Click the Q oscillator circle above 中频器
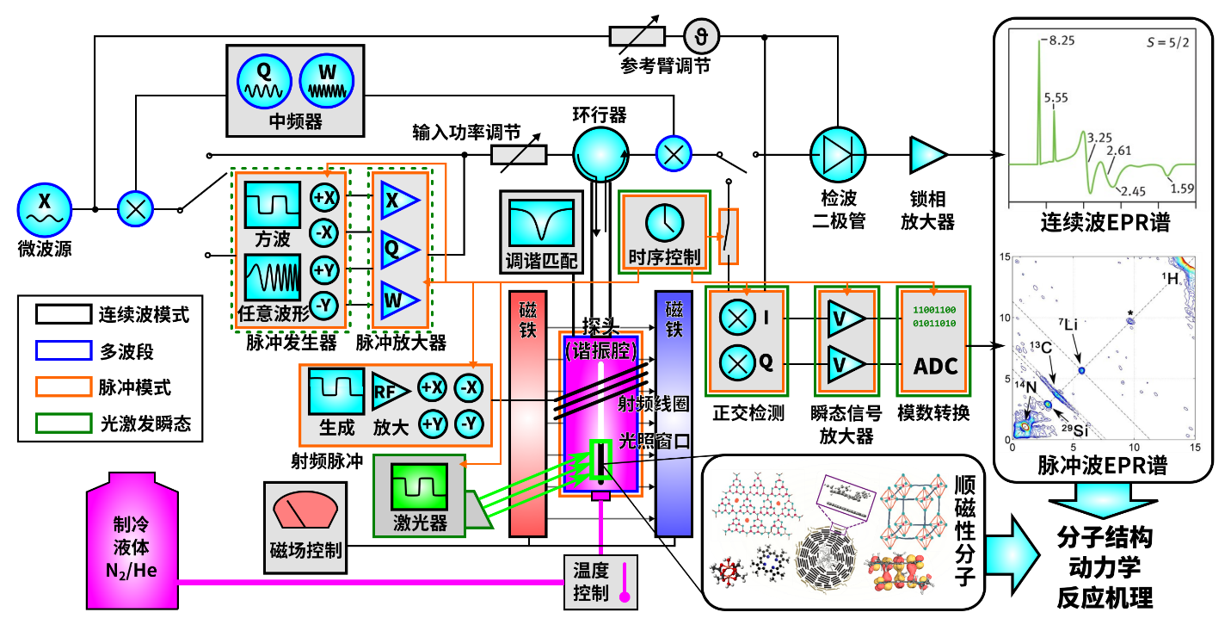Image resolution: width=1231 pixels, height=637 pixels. (x=264, y=82)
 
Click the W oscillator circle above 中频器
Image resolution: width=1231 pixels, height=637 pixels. (x=327, y=82)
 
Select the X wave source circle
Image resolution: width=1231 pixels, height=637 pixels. (x=45, y=210)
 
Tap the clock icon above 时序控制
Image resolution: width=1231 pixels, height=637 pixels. (x=664, y=223)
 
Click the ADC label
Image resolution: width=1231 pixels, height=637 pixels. (x=935, y=366)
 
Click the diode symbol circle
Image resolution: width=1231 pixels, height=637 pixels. (x=838, y=155)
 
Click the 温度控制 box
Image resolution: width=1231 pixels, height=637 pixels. (x=601, y=581)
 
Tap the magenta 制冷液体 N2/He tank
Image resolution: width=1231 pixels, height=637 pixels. (x=132, y=542)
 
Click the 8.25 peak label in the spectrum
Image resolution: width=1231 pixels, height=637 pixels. (x=1060, y=40)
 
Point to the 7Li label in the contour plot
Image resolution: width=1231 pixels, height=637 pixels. (x=1068, y=325)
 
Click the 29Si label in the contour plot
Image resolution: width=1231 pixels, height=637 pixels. (x=1075, y=430)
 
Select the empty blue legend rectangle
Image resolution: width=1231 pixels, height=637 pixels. (x=64, y=350)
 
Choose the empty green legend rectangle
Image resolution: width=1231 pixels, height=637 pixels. (x=64, y=423)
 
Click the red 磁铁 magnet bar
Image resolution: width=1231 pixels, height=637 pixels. (x=527, y=413)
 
